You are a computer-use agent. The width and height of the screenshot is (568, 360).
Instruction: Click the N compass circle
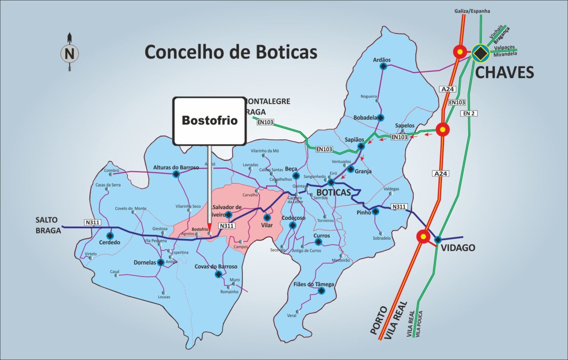click(69, 54)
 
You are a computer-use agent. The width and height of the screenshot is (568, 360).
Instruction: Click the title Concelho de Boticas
click(231, 51)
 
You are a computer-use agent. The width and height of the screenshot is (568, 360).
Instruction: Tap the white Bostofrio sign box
click(209, 121)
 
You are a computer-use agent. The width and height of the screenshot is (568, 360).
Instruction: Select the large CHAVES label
click(505, 72)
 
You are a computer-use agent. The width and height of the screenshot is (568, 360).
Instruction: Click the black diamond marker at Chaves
click(480, 53)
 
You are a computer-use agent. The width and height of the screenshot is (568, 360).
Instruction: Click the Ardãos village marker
click(383, 67)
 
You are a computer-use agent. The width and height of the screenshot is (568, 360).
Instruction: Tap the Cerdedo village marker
click(110, 235)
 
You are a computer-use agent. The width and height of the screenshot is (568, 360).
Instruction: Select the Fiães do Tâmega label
click(314, 284)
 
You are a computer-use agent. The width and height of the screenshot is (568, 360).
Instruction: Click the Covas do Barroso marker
click(218, 274)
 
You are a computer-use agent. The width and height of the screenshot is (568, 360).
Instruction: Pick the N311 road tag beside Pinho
click(399, 207)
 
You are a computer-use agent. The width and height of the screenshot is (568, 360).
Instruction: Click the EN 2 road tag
click(469, 114)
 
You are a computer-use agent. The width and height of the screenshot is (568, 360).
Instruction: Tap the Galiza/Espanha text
click(472, 11)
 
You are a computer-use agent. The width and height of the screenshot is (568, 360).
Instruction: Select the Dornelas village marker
click(161, 262)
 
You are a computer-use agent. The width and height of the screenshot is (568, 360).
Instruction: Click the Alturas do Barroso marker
click(176, 174)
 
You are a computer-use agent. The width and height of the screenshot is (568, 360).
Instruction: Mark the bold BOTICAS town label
click(333, 192)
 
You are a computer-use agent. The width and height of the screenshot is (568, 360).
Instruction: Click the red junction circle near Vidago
click(423, 237)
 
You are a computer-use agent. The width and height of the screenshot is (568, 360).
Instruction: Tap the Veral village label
click(292, 316)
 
